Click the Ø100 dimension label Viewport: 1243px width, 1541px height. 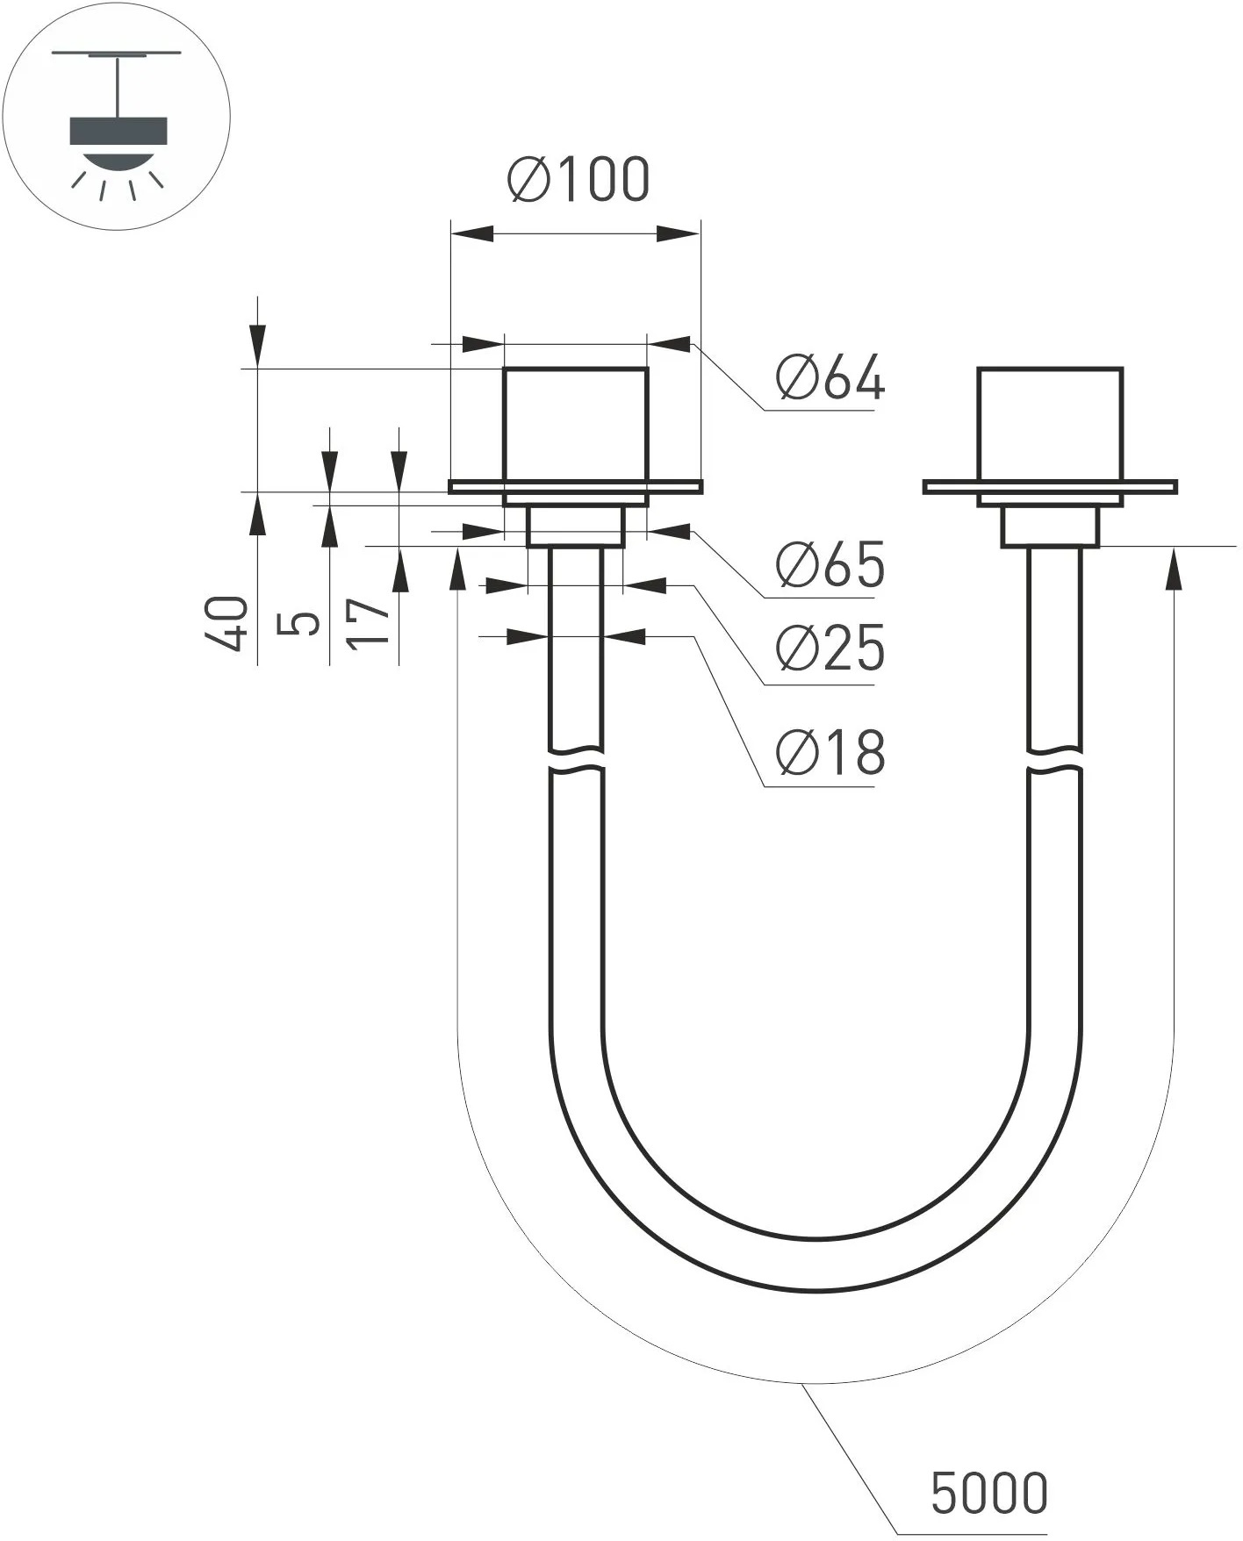click(579, 180)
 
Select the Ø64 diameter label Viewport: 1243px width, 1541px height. click(830, 379)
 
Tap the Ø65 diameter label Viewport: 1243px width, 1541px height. click(830, 565)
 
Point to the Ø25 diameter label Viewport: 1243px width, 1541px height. click(830, 649)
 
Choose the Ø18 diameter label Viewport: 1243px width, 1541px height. click(830, 753)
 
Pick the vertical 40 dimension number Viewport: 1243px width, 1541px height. click(226, 624)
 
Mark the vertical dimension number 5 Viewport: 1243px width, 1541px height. click(298, 624)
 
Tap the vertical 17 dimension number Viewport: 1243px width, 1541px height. click(369, 624)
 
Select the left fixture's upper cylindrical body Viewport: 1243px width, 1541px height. click(576, 424)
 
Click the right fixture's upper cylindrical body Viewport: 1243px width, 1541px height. click(1050, 424)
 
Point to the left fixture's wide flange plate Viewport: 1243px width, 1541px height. click(474, 487)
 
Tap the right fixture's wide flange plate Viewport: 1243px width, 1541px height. click(948, 487)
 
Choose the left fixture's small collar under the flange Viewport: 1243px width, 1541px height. click(576, 527)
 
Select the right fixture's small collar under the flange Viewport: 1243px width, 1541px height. click(1050, 527)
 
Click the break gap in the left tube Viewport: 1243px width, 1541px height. click(576, 760)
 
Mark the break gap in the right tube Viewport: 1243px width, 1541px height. click(1054, 760)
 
